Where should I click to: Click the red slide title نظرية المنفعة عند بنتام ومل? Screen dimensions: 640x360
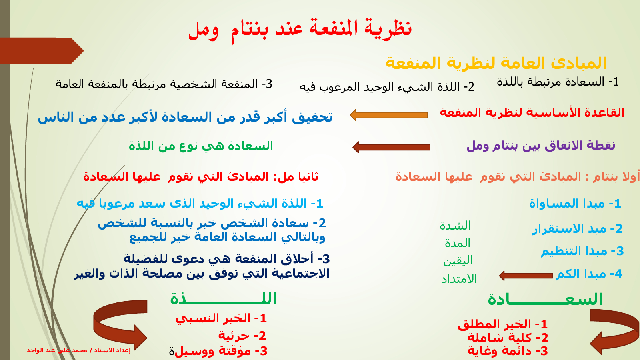coord(300,30)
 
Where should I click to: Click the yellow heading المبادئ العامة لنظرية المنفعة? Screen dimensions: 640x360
coord(496,63)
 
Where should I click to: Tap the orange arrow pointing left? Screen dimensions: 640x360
coord(389,115)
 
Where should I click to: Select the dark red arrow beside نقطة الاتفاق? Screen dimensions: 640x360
coord(392,147)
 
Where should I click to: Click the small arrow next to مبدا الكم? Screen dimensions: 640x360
coord(526,276)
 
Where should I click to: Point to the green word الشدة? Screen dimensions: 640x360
coord(455,226)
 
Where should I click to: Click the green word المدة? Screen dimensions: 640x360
coord(458,243)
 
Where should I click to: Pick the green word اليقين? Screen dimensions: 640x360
coord(458,260)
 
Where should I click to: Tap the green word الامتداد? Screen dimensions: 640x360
coord(459,278)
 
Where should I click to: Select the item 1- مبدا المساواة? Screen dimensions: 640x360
coord(575,204)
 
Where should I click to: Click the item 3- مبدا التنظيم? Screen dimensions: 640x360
coord(582,251)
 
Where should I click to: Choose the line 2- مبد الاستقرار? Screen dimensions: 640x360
coord(578,229)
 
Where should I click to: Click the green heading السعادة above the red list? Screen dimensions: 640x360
coord(545,299)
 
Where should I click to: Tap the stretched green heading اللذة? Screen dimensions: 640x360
coord(223,299)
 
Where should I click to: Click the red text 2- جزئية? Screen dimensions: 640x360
coord(242,336)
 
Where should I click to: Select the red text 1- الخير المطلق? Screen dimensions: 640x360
coord(502,324)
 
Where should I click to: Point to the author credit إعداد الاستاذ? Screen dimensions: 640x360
coord(78,350)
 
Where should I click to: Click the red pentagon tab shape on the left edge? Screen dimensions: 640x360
coord(42,51)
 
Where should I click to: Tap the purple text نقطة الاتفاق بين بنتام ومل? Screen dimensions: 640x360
coord(541,146)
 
